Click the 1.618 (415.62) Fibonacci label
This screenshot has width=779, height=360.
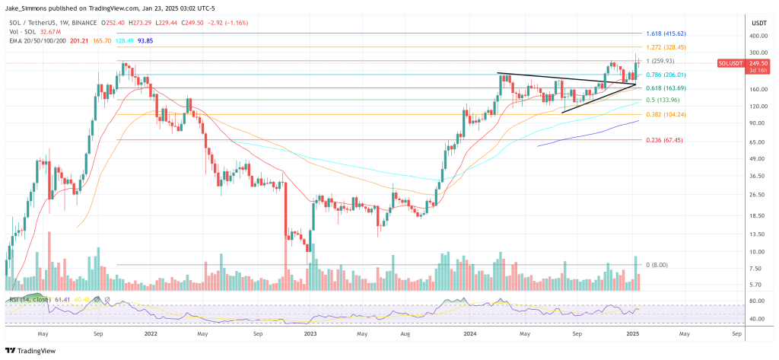click(x=666, y=34)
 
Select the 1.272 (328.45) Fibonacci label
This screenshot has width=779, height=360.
click(x=666, y=47)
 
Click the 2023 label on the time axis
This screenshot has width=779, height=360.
click(x=310, y=333)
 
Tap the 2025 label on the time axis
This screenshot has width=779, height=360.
click(x=631, y=333)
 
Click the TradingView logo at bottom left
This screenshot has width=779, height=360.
click(x=33, y=350)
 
